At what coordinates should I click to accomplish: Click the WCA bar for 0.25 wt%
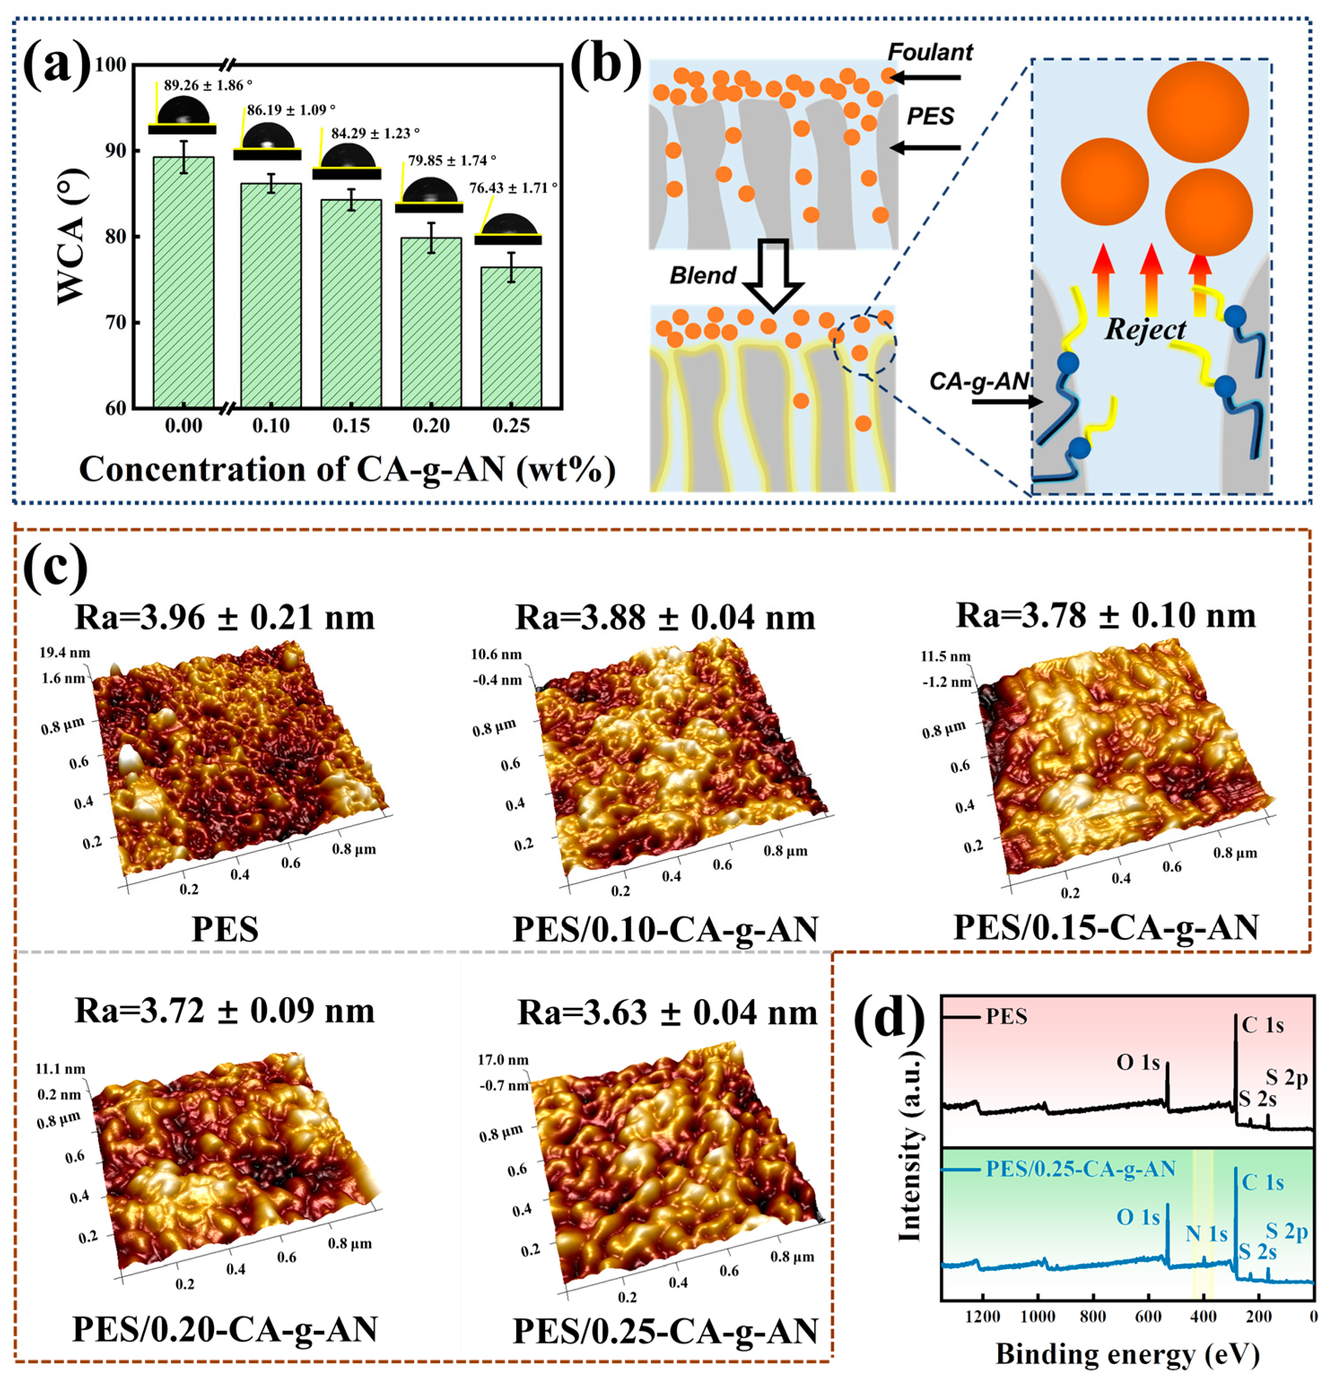click(x=511, y=337)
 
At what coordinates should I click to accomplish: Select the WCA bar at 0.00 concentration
click(x=183, y=283)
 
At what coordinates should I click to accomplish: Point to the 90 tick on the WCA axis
click(x=115, y=151)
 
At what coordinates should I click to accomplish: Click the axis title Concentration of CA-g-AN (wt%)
click(x=347, y=469)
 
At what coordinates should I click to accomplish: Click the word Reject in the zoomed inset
click(x=1145, y=329)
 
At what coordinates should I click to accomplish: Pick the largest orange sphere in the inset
click(x=1198, y=112)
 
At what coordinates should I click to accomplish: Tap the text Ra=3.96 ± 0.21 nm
click(x=225, y=617)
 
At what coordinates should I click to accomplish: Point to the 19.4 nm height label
click(x=65, y=653)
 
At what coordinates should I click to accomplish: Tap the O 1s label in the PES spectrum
click(x=1138, y=1062)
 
